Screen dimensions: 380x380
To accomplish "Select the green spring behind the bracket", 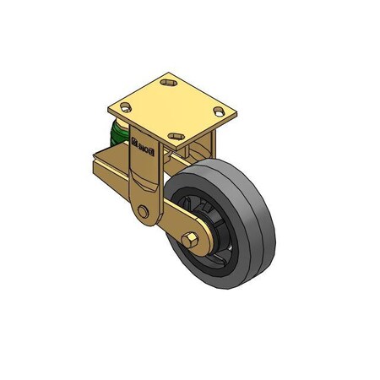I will [x=117, y=136].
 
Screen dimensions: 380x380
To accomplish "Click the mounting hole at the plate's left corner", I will [x=127, y=107].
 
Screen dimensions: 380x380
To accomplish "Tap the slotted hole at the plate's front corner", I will [x=176, y=135].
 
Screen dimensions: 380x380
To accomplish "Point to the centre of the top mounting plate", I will [x=174, y=108].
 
